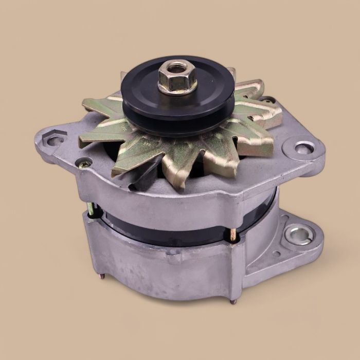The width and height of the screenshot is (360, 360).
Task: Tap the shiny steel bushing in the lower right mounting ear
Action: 298,235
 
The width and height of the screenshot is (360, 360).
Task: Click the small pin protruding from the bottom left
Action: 103,277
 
